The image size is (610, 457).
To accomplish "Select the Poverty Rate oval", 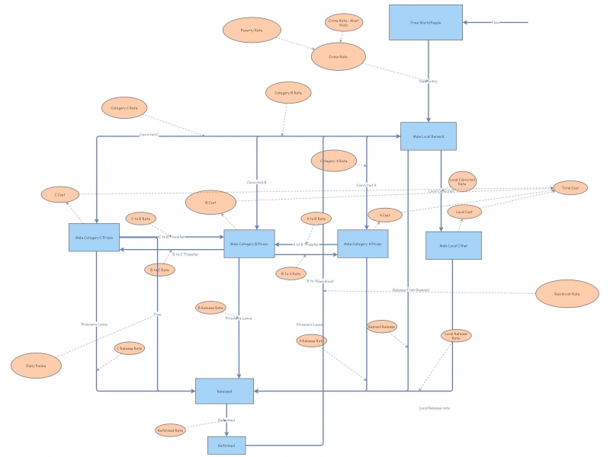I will click(x=252, y=30).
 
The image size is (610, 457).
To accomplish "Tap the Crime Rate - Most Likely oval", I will click(x=344, y=22).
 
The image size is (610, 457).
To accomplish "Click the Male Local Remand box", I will click(x=429, y=136).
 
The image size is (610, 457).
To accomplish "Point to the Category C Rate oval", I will click(x=124, y=108).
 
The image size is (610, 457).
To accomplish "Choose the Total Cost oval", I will click(x=570, y=187).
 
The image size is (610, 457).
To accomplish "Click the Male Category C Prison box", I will click(x=95, y=238).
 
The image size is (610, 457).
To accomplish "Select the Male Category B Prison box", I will click(x=249, y=244).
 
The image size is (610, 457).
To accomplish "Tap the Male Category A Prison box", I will click(x=363, y=244).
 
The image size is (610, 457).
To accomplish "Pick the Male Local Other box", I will click(x=453, y=245).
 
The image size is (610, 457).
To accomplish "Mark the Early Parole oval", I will click(x=30, y=365).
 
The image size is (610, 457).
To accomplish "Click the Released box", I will click(x=224, y=391).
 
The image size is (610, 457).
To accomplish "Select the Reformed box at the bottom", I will click(x=226, y=445).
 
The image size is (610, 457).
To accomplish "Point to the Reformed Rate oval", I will click(x=170, y=430).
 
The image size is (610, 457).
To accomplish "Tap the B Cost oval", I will click(x=211, y=203).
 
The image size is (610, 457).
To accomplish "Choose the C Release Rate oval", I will click(x=129, y=348).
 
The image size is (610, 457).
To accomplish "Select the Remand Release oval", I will click(x=382, y=327).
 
